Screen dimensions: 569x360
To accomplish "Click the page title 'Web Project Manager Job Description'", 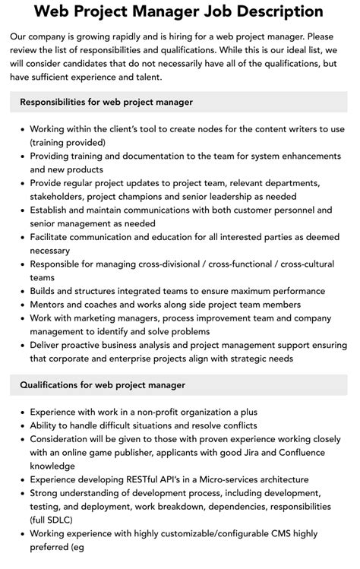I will coord(179,12).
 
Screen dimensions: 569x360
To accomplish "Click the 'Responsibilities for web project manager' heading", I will coord(106,102).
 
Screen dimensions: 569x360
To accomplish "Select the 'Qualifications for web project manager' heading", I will coord(103,385).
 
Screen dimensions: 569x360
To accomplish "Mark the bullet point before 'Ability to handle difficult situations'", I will coord(21,425).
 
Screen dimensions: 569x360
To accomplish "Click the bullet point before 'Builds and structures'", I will coord(21,290).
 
